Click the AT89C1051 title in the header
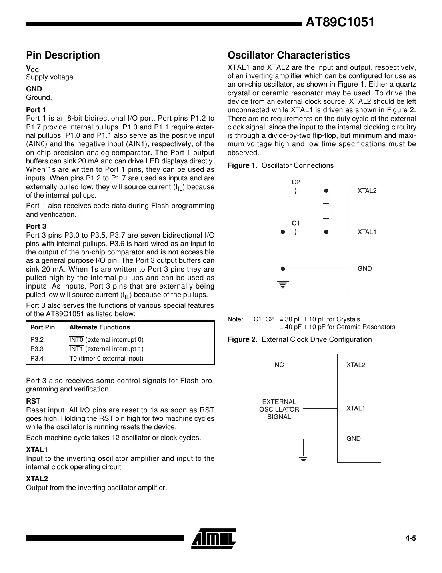340,23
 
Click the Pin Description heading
63,55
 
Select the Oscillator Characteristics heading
288,55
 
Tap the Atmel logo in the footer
214,538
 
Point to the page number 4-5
410,538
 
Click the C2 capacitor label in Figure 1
296,182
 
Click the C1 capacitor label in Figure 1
296,223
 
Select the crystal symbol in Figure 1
326,211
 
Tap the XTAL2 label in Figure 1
367,191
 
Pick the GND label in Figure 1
364,269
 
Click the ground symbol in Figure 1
283,285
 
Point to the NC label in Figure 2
279,365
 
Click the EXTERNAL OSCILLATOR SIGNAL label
279,409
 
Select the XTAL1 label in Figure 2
356,408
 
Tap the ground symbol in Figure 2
304,459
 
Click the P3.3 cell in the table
37,349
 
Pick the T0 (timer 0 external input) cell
106,359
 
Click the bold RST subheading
33,401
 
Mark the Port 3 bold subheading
36,226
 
